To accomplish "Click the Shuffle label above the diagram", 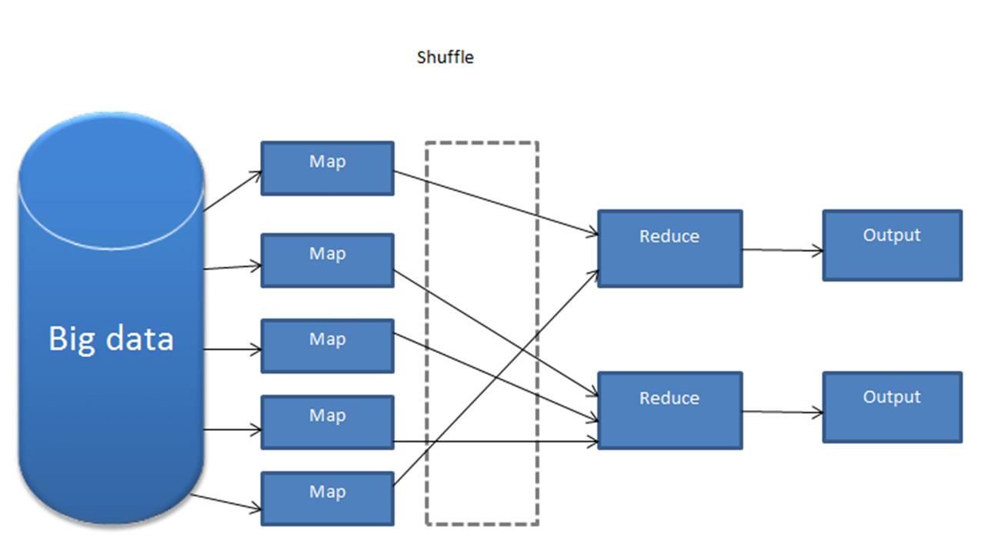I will click(x=445, y=57).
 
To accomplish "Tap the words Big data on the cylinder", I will click(x=111, y=339).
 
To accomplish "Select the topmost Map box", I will click(x=327, y=168).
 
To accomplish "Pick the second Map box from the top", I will click(x=327, y=260).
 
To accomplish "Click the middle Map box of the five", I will click(x=327, y=345).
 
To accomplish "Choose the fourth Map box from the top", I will click(x=327, y=422).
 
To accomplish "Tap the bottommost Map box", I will click(x=327, y=498).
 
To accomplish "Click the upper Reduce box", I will click(x=669, y=248).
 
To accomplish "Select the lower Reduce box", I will click(x=669, y=410).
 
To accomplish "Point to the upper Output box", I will click(x=892, y=245).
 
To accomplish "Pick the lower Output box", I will click(x=892, y=407).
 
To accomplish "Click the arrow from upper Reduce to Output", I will click(x=782, y=249).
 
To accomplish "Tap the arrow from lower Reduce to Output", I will click(x=782, y=412).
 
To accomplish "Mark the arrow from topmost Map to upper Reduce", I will click(x=496, y=202).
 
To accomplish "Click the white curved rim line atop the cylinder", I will click(x=111, y=247).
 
